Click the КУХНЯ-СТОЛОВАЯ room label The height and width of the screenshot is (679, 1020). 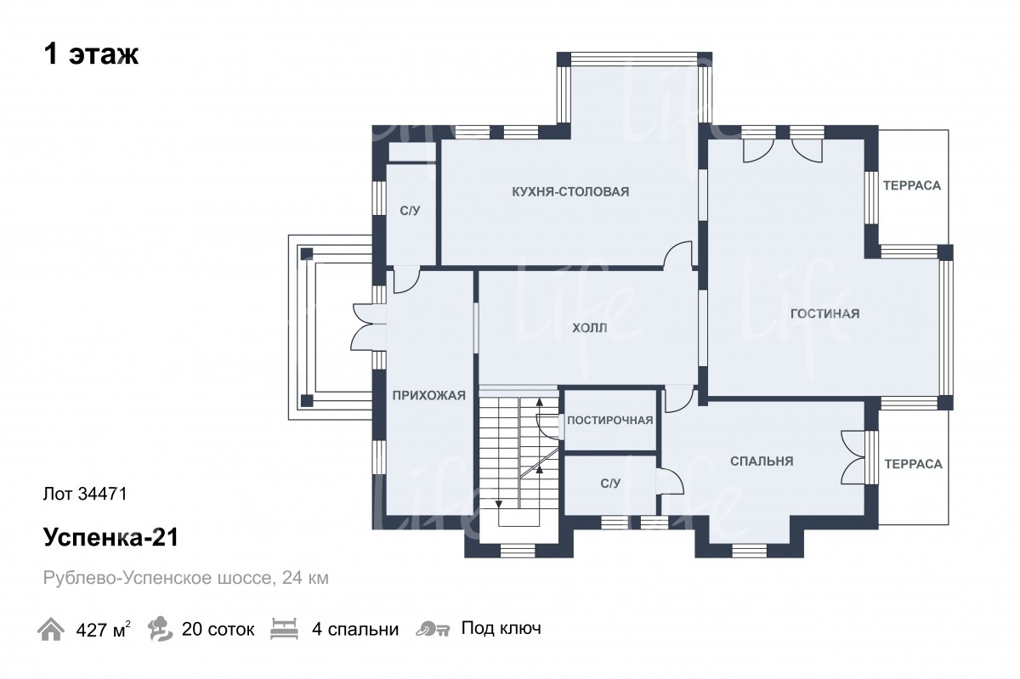click(570, 192)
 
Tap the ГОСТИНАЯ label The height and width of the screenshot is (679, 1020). click(825, 314)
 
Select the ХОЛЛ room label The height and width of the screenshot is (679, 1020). click(590, 328)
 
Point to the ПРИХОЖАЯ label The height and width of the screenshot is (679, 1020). click(429, 395)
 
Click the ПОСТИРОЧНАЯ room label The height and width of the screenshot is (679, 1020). click(610, 421)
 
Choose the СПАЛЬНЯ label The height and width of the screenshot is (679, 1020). click(762, 461)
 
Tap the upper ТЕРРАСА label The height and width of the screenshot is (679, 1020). click(912, 186)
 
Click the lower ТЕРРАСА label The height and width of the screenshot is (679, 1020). click(914, 464)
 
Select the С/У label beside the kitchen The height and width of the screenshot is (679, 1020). click(410, 211)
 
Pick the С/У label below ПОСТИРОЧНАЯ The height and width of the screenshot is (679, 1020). click(610, 484)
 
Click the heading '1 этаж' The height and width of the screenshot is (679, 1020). click(91, 54)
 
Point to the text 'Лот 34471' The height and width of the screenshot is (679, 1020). click(85, 494)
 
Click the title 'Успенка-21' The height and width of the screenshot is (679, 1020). click(111, 537)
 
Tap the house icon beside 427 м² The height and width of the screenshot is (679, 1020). click(50, 629)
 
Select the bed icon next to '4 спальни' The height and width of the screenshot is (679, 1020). click(284, 629)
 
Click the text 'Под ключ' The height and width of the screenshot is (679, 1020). click(501, 629)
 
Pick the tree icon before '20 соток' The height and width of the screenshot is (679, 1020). click(161, 629)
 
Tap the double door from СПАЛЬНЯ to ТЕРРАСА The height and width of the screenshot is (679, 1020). click(853, 457)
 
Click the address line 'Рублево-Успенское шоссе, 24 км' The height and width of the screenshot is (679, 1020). click(186, 579)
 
